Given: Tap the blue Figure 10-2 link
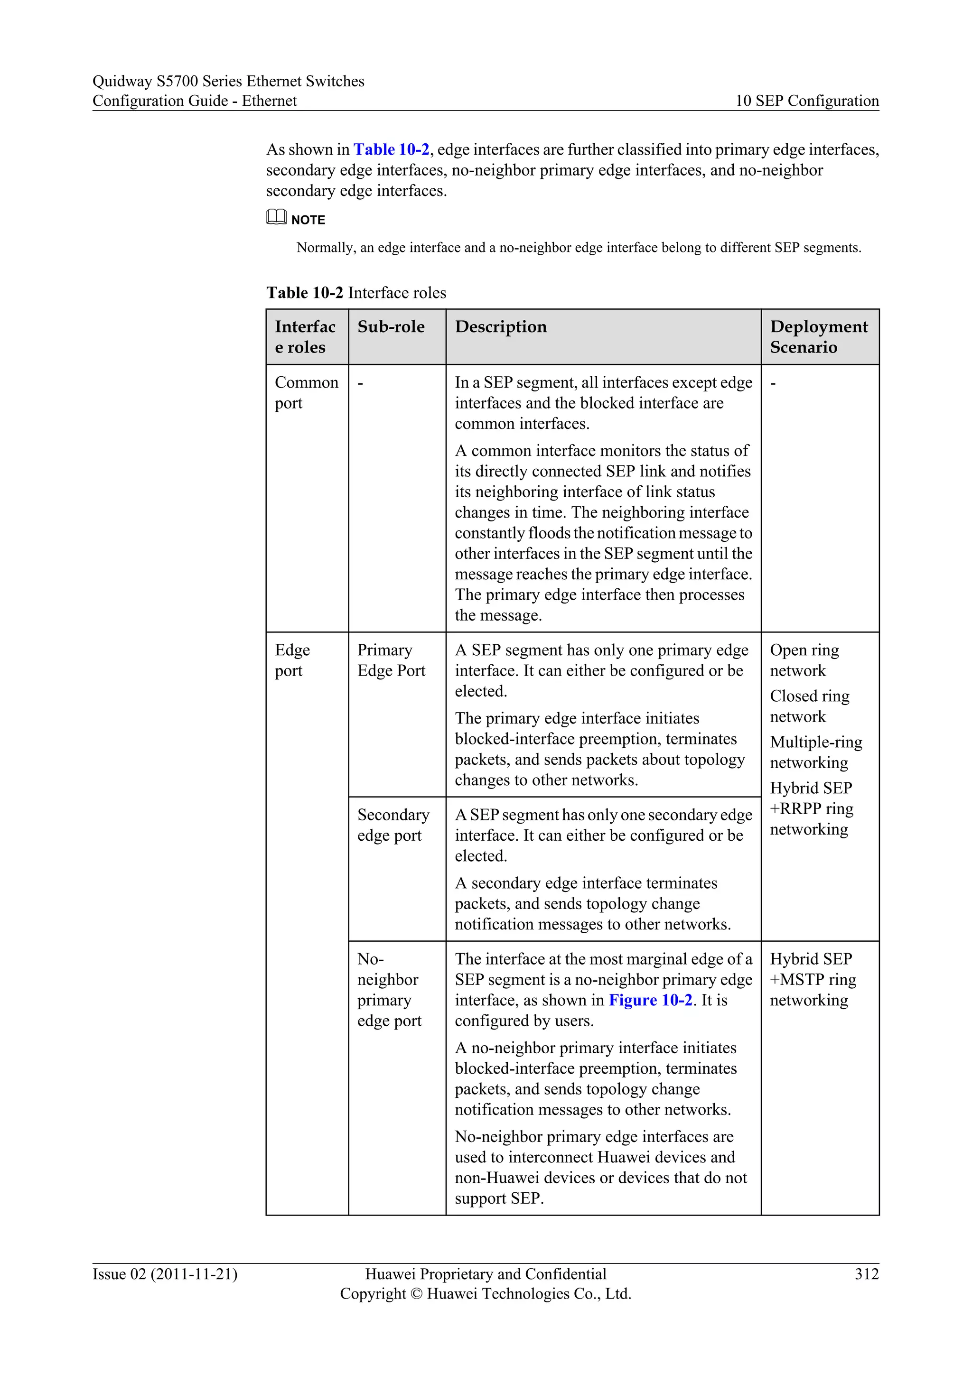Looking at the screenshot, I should [650, 1000].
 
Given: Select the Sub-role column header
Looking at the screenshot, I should [391, 327].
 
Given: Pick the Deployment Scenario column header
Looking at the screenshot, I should [818, 336].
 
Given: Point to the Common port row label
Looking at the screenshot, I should [306, 392].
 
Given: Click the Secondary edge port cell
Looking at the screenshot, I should [393, 825].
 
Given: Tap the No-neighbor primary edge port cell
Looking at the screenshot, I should [389, 990].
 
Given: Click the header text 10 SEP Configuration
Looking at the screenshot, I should [807, 101].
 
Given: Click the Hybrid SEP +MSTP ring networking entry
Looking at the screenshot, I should [812, 980].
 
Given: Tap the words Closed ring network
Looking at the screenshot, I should [809, 706].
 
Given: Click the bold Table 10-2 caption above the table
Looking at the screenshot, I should [305, 293].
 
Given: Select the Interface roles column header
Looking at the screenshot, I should [305, 336].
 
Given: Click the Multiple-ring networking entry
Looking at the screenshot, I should [815, 752].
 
